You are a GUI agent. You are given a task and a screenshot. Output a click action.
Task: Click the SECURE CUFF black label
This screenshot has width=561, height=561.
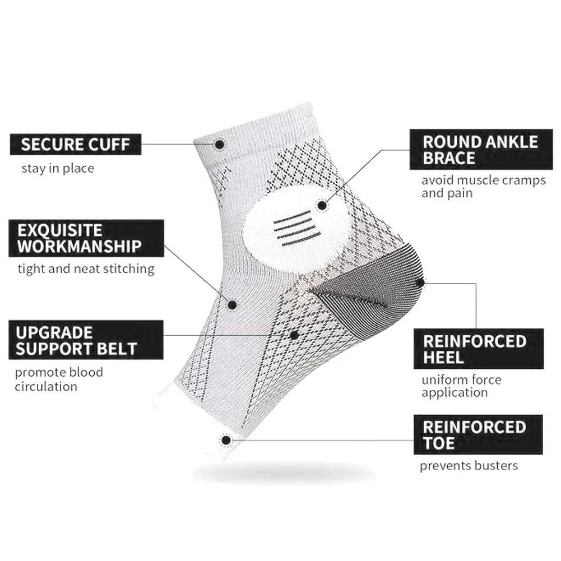(75, 144)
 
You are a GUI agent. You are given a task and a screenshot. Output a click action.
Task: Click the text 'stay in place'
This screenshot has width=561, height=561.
(58, 168)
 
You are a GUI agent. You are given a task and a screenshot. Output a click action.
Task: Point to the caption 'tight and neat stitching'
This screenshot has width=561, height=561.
(85, 269)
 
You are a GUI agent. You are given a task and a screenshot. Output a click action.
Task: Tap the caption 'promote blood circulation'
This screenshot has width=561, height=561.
(59, 379)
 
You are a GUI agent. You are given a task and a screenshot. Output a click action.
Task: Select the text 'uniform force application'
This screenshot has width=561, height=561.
(461, 386)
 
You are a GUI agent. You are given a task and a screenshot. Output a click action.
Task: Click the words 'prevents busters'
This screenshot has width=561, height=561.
(469, 465)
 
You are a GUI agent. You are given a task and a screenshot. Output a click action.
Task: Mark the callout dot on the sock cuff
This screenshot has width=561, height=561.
(220, 145)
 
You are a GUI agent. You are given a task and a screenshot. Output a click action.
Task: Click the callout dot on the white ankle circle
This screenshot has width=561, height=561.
(322, 206)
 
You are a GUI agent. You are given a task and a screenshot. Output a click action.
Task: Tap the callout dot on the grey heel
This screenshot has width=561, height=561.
(419, 283)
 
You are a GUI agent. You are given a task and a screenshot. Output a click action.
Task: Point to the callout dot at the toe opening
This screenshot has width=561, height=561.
(226, 440)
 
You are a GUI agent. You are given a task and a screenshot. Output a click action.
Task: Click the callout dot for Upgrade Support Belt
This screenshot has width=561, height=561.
(294, 335)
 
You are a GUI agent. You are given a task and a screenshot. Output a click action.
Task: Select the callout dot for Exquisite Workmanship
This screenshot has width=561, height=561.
(233, 304)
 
